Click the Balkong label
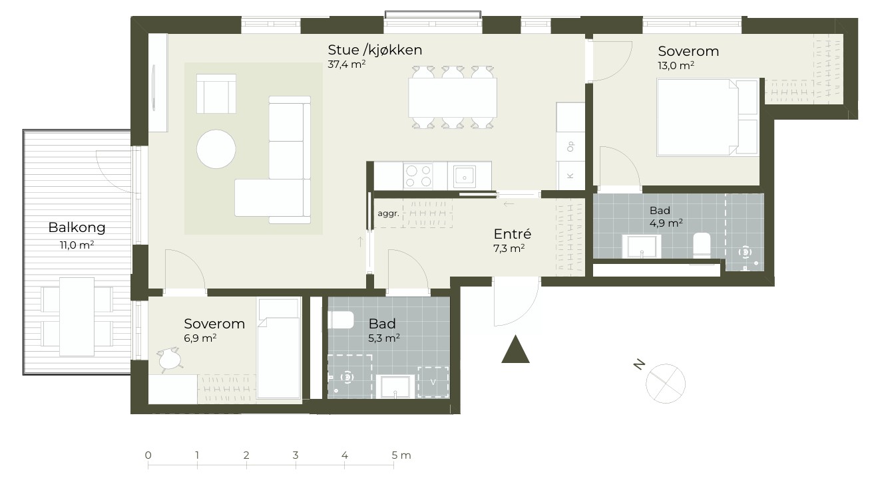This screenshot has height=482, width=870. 77,227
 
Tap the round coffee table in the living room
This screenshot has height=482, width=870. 216,149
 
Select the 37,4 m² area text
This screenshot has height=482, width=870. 346,64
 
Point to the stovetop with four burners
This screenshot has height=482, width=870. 418,176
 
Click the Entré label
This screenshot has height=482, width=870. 513,234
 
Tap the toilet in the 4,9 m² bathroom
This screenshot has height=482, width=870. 702,245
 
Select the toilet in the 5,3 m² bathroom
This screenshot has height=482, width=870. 341,320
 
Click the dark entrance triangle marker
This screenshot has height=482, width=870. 515,350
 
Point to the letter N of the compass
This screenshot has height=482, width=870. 639,364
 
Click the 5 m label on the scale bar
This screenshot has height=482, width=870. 401,455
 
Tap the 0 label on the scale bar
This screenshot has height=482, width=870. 148,455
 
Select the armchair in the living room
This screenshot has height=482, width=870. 216,94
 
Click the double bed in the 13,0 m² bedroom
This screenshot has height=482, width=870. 707,118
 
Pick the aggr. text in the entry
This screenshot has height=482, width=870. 388,213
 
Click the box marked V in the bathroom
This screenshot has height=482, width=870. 433,382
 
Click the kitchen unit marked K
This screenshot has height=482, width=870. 570,176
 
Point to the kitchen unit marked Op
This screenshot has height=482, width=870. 570,146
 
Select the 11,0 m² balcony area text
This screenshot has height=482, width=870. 77,245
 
